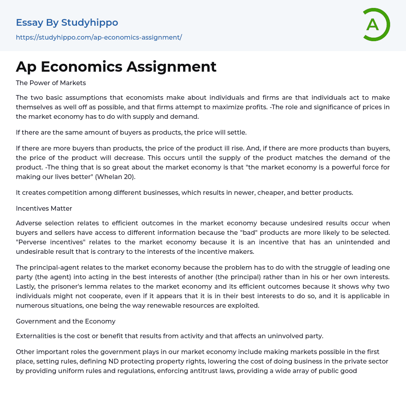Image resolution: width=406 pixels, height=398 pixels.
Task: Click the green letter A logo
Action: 376,25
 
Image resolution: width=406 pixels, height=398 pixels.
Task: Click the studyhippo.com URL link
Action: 99,37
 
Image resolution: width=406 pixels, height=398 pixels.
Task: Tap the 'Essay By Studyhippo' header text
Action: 67,23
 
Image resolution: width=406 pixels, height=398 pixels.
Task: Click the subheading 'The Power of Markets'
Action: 51,83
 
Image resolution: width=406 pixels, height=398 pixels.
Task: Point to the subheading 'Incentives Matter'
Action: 44,208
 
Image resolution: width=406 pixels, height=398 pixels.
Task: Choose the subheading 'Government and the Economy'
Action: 65,321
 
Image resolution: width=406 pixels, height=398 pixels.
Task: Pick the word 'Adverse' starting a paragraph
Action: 29,223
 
